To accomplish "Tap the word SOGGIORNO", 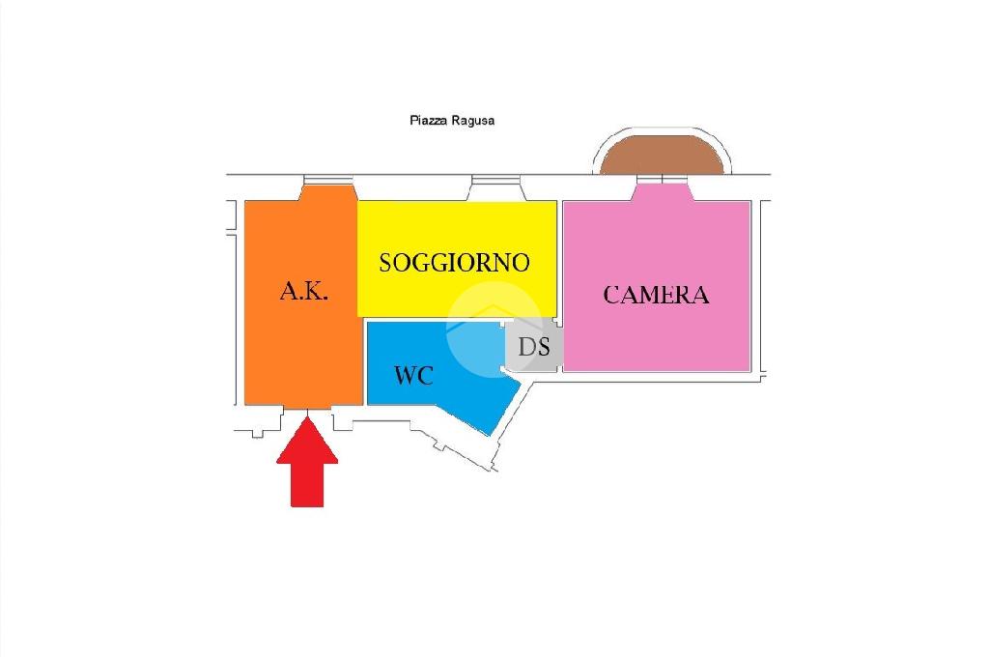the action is click(x=454, y=262).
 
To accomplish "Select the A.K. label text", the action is click(x=304, y=291).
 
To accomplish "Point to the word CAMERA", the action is click(x=656, y=295).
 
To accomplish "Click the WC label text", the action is click(x=413, y=375).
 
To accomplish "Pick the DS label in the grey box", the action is click(x=534, y=347).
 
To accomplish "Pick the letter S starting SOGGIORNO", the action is click(x=386, y=263).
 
